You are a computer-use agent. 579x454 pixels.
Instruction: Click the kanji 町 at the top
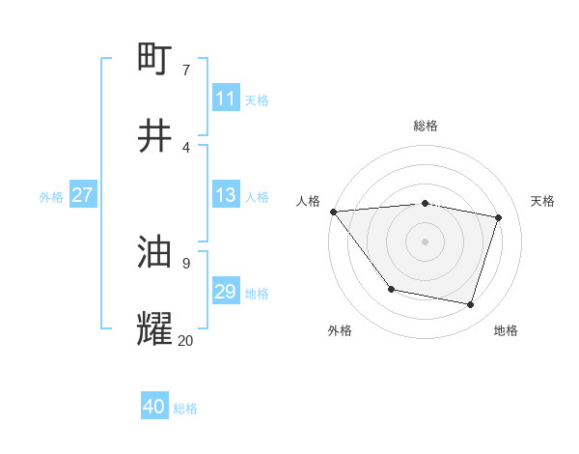[155, 60]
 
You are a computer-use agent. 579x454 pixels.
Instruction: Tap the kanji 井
[155, 136]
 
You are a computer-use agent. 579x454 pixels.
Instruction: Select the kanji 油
[155, 253]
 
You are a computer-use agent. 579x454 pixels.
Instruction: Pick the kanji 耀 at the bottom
[155, 329]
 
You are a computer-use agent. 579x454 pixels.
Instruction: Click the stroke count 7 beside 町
[185, 70]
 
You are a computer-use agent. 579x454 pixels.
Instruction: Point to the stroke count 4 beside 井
[185, 147]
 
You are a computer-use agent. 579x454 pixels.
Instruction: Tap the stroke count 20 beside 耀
[185, 340]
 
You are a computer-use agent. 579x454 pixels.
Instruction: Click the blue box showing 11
[225, 99]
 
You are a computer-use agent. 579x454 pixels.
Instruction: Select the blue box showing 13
[225, 195]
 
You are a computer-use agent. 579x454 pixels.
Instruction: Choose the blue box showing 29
[225, 292]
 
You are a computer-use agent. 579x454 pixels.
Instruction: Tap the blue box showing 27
[82, 195]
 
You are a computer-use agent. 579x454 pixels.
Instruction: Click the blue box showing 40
[154, 407]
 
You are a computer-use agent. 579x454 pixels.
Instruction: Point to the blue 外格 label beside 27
[51, 196]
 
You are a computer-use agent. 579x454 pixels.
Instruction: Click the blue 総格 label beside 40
[185, 408]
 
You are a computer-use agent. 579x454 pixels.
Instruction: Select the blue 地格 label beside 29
[257, 293]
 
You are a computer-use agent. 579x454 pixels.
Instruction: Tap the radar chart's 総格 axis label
[426, 126]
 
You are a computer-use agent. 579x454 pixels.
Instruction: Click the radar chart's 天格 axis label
[542, 201]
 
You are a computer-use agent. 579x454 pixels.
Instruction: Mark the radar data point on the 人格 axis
[333, 212]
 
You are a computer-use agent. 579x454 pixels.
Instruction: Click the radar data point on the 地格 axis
[471, 304]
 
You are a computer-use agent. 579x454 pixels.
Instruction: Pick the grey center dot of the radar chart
[426, 241]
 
